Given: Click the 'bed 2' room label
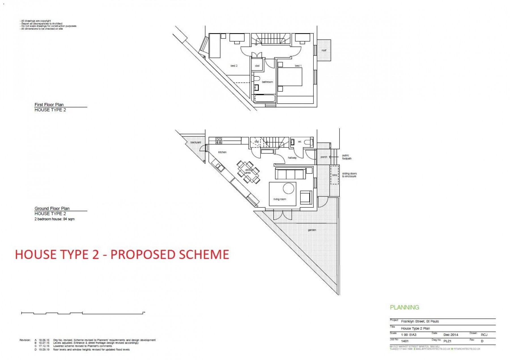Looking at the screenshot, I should [234, 66].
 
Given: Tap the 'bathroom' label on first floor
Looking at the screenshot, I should [267, 82].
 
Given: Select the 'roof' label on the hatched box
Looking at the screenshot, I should [324, 50].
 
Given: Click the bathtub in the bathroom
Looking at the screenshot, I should [264, 99].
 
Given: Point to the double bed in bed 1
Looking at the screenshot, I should [290, 76].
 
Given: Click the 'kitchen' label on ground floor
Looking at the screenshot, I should [222, 152].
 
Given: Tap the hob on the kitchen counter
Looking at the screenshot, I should [219, 141].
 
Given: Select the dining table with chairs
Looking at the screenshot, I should [248, 172].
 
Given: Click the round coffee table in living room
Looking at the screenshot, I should [288, 188].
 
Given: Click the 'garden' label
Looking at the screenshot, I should [312, 230].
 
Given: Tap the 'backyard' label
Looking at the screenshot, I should [195, 142].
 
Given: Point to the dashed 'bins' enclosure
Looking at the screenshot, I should [334, 175].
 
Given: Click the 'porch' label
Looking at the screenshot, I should [324, 157].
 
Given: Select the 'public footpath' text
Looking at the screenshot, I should [347, 157].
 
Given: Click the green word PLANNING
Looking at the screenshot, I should [404, 307].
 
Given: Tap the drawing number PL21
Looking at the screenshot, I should [447, 341].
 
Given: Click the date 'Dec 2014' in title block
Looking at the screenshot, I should [450, 335].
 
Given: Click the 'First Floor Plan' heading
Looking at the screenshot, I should [49, 105].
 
